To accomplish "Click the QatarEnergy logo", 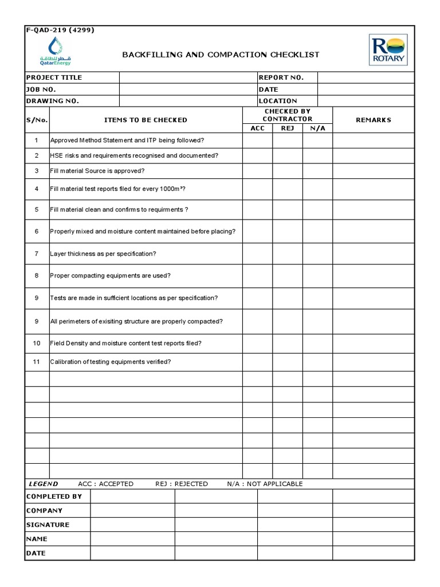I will (x=56, y=52).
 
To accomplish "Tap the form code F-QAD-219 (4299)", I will (x=60, y=30).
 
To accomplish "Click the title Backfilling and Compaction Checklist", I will (x=221, y=54).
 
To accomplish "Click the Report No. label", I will (x=281, y=77).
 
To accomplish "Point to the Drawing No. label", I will (x=53, y=101).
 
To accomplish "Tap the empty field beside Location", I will (x=365, y=101).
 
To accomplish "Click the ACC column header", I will (x=258, y=128).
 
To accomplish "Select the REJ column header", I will (x=288, y=128).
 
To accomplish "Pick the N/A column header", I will (x=317, y=128).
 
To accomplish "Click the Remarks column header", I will (x=373, y=120).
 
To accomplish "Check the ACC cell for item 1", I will (x=258, y=140).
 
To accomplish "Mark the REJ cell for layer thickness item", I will (x=288, y=253).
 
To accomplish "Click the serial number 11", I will (x=37, y=362).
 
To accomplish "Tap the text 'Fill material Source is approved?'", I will (x=97, y=171).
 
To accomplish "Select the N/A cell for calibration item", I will (x=317, y=362).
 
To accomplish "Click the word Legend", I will (x=44, y=484).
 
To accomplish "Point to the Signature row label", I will (x=48, y=525).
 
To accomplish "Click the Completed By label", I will (x=54, y=496).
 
